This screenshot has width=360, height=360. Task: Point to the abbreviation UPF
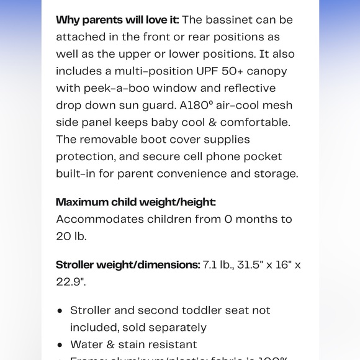point(202,71)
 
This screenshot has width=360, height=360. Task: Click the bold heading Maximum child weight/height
point(136,202)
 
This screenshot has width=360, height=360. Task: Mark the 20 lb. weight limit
point(71,236)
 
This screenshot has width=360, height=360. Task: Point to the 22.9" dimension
point(71,282)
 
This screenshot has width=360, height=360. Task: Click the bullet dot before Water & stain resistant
point(60,344)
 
